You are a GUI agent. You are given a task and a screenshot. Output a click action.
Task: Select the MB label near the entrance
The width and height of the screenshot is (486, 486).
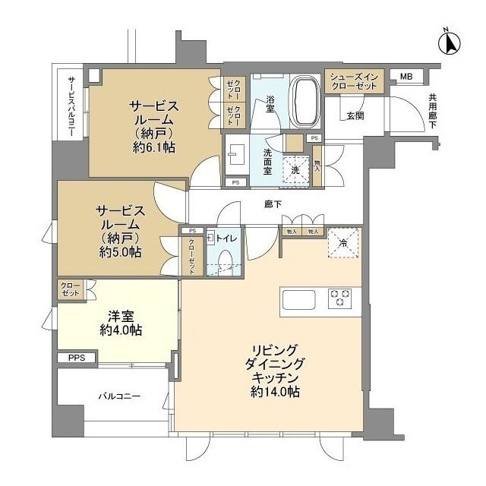[407, 77]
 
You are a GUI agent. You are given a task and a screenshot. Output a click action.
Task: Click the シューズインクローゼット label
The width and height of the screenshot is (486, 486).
[353, 81]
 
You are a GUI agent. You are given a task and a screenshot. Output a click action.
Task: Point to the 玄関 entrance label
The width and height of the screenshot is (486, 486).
[355, 116]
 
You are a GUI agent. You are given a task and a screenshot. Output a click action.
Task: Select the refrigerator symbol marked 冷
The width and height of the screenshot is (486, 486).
[342, 243]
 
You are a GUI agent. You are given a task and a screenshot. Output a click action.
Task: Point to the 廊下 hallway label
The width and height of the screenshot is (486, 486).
[252, 204]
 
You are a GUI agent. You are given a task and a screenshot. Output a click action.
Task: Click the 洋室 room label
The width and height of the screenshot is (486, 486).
[120, 315]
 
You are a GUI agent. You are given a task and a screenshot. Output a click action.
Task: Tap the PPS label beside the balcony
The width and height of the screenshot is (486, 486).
[77, 358]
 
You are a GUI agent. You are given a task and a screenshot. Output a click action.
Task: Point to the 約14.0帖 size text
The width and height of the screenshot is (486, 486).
[273, 392]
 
